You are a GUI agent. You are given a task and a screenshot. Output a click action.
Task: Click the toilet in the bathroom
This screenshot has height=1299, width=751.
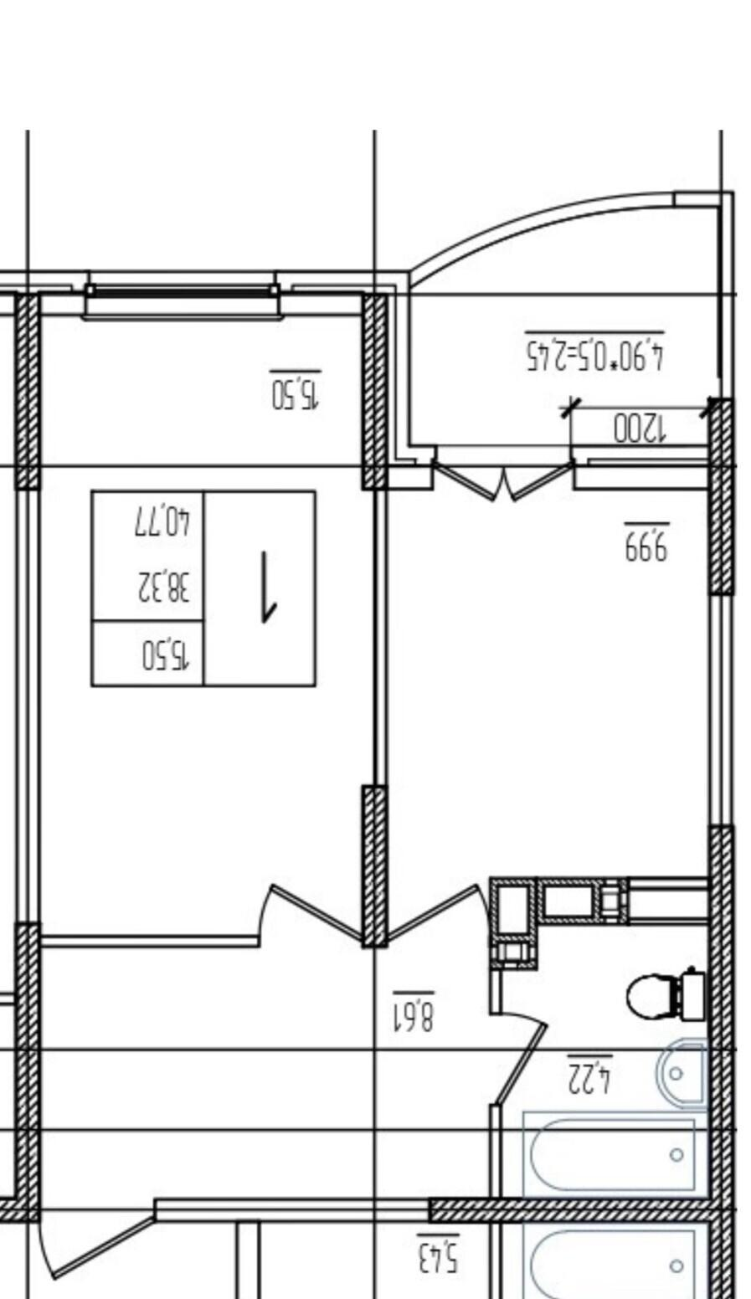pos(667,996)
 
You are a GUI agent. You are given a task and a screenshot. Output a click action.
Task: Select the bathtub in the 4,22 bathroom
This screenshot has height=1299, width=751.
pos(615,1154)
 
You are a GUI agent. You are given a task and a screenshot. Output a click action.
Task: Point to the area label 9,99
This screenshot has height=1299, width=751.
pos(646,542)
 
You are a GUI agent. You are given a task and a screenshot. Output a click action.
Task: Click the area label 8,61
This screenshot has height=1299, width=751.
pos(414,1012)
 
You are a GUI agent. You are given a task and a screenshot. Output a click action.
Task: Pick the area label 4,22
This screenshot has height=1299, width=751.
pos(589,1076)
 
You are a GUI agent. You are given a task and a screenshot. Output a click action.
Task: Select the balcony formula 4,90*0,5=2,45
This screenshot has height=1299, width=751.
pos(594,351)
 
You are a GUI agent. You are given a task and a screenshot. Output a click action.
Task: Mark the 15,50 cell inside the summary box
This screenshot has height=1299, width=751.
pos(166,655)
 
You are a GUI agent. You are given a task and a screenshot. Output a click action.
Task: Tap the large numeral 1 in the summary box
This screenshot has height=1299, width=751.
pos(268,586)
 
